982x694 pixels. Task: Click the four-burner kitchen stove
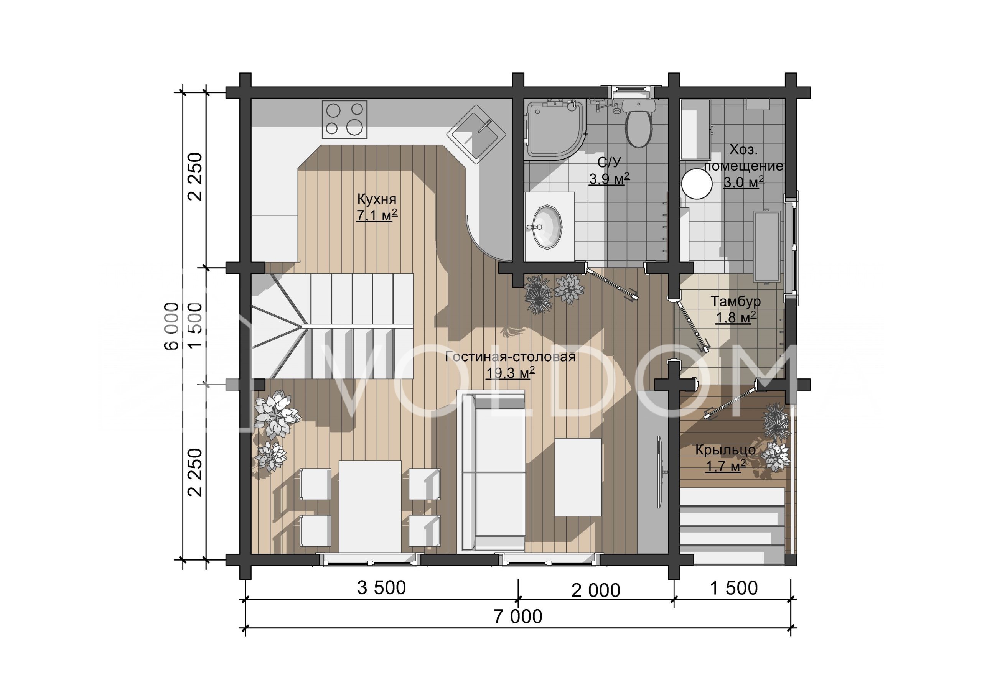[344, 119]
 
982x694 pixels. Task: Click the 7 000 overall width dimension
[518, 617]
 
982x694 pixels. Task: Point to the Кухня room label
[377, 199]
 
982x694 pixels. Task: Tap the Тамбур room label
[736, 301]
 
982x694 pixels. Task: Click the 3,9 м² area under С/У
[609, 178]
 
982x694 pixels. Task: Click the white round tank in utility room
[696, 183]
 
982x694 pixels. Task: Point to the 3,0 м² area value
[743, 182]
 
